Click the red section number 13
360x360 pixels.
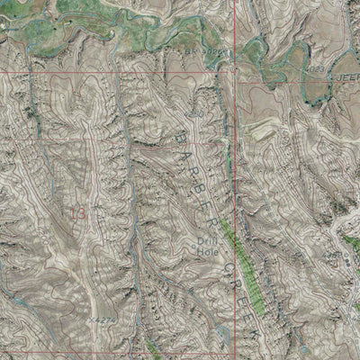point(78,213)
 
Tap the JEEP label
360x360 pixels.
point(346,79)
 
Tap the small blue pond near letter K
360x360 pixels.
point(221,334)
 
